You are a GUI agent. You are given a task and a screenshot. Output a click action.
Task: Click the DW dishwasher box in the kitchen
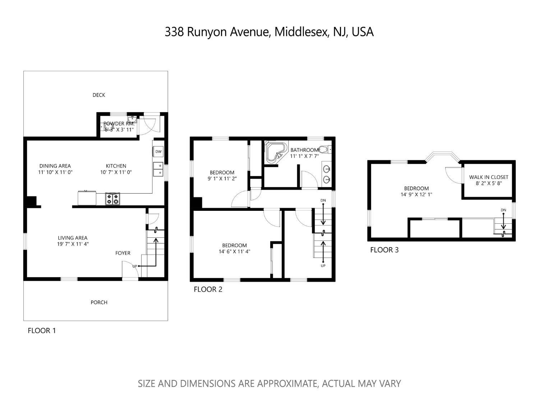pyautogui.click(x=158, y=152)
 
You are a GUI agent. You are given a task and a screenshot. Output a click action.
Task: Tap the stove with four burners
pyautogui.click(x=112, y=199)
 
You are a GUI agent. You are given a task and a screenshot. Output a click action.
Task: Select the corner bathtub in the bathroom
pyautogui.click(x=276, y=152)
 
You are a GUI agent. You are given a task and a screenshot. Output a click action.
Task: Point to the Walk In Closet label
pyautogui.click(x=489, y=177)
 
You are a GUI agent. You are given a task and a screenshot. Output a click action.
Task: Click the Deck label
pyautogui.click(x=99, y=95)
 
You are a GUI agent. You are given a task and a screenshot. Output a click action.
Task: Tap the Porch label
pyautogui.click(x=99, y=302)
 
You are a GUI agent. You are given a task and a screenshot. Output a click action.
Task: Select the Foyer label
pyautogui.click(x=123, y=253)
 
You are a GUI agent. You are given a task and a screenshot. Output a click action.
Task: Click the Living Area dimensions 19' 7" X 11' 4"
pyautogui.click(x=73, y=244)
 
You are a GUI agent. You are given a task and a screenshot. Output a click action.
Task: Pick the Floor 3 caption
pyautogui.click(x=384, y=250)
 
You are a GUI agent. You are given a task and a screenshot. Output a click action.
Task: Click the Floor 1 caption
pyautogui.click(x=42, y=331)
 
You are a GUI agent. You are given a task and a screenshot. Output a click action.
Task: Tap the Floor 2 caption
pyautogui.click(x=208, y=289)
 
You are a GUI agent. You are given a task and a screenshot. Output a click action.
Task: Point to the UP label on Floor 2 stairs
pyautogui.click(x=323, y=266)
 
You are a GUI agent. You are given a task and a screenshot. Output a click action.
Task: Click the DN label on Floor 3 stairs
pyautogui.click(x=503, y=210)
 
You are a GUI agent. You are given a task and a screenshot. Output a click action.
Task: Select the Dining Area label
pyautogui.click(x=55, y=166)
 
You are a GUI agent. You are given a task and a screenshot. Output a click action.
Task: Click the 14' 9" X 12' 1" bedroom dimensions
pyautogui.click(x=416, y=195)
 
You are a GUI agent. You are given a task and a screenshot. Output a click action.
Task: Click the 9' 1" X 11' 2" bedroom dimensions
pyautogui.click(x=222, y=178)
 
